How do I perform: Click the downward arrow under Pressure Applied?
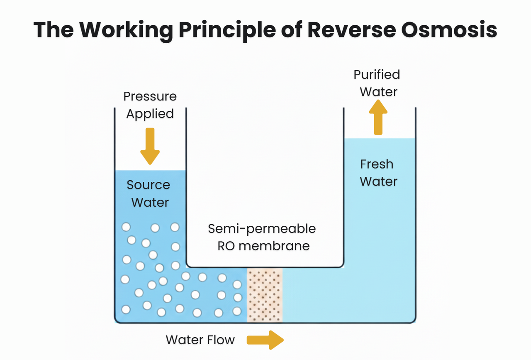tap(150, 146)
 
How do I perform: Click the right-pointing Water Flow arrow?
tap(265, 340)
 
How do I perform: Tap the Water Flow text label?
tap(200, 340)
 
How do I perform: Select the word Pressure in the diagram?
tap(150, 96)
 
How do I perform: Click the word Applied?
tap(150, 114)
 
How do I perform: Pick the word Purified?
tap(377, 75)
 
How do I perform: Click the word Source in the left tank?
tap(149, 185)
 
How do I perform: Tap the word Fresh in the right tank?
tap(377, 164)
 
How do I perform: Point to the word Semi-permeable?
tap(262, 229)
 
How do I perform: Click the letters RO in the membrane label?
tap(227, 246)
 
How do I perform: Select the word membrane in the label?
tap(274, 246)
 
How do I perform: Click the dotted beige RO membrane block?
tap(265, 295)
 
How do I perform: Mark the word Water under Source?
tap(150, 203)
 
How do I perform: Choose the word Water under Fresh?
tap(378, 181)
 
